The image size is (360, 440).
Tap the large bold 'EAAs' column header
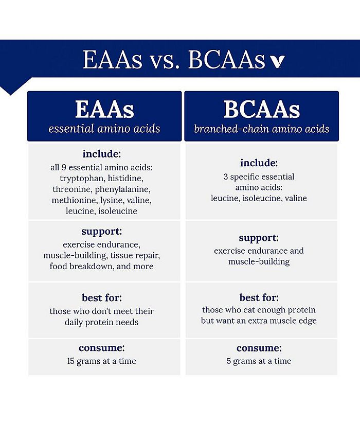pyautogui.click(x=104, y=109)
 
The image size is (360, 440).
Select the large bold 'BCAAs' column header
pyautogui.click(x=261, y=109)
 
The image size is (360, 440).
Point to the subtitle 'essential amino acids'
pyautogui.click(x=104, y=129)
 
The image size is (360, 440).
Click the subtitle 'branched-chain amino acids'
pyautogui.click(x=261, y=129)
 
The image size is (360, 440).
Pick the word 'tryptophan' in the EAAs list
pyautogui.click(x=81, y=179)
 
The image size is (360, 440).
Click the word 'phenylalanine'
pyautogui.click(x=122, y=190)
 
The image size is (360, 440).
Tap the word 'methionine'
pyautogui.click(x=75, y=200)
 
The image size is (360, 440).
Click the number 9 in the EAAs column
pyautogui.click(x=64, y=168)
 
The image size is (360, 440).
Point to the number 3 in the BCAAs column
pyautogui.click(x=226, y=177)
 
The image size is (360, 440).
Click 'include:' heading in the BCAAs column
pyautogui.click(x=259, y=163)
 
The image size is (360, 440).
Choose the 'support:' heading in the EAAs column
pyautogui.click(x=102, y=232)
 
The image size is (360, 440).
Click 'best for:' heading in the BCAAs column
pyautogui.click(x=259, y=298)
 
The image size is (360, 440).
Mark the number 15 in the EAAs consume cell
pyautogui.click(x=70, y=361)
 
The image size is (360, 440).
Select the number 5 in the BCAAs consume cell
pyautogui.click(x=229, y=361)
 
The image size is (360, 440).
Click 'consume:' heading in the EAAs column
pyautogui.click(x=102, y=348)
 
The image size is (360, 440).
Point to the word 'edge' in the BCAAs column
pyautogui.click(x=308, y=321)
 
